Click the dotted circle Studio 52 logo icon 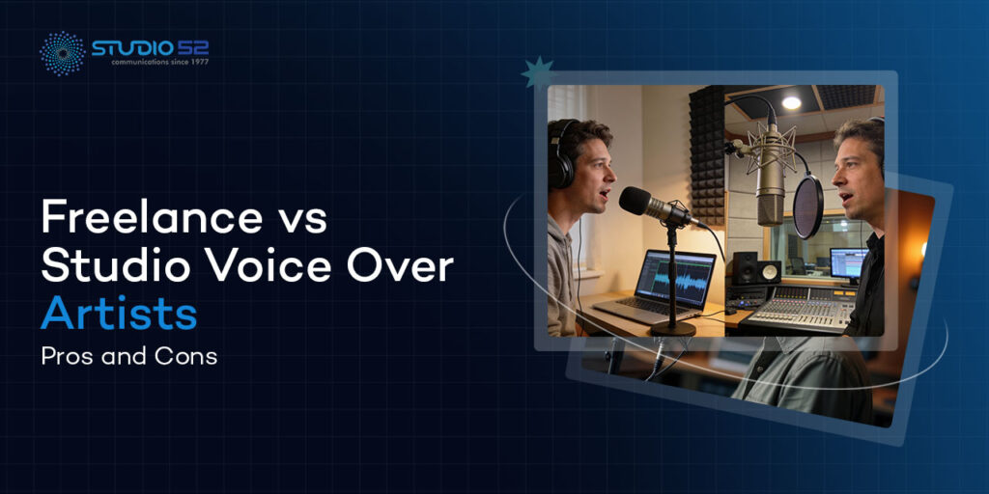[x=61, y=52]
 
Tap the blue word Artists [x=119, y=313]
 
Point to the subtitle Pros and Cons [x=128, y=355]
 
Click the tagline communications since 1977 [x=150, y=62]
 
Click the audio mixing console [x=801, y=306]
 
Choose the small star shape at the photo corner [x=536, y=72]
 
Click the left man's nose [x=611, y=175]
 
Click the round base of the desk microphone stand [x=673, y=328]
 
